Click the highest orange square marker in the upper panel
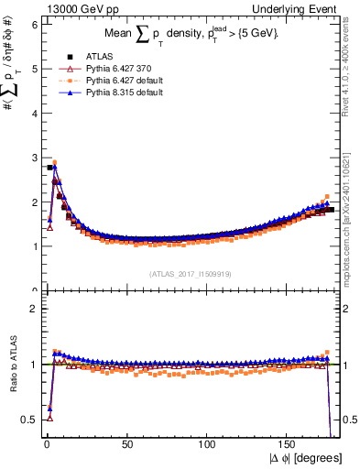point(54,162)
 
